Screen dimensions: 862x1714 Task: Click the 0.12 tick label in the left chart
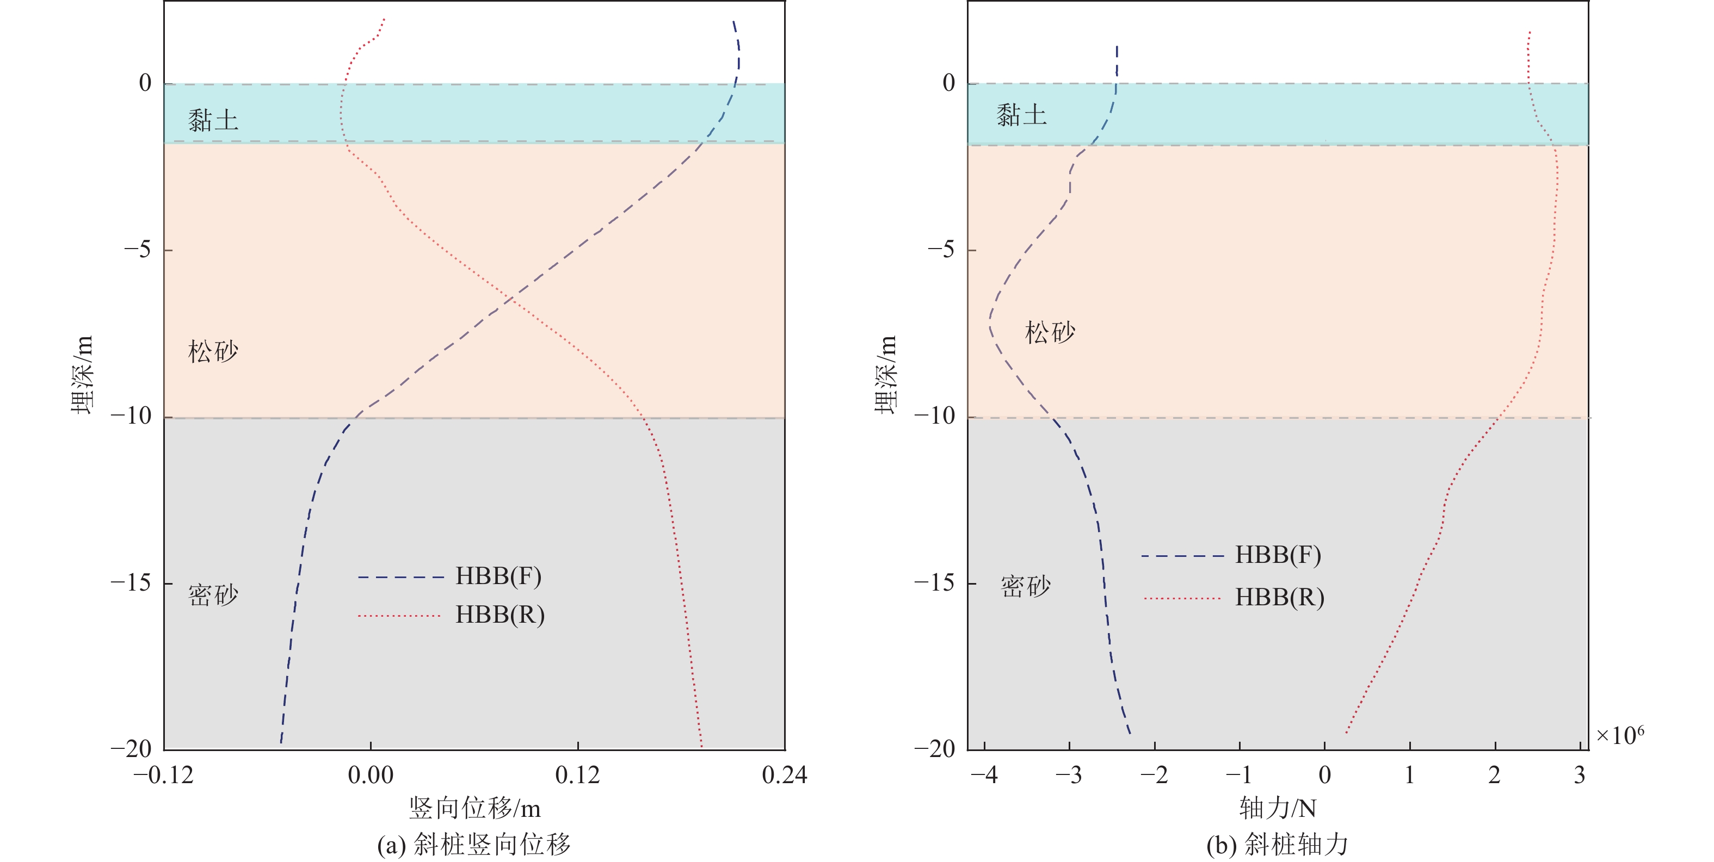pyautogui.click(x=577, y=776)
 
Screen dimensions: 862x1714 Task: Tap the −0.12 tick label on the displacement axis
pyautogui.click(x=163, y=776)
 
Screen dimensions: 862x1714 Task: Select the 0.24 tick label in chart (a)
pyautogui.click(x=785, y=776)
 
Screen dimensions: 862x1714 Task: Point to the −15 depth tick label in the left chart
pyautogui.click(x=131, y=582)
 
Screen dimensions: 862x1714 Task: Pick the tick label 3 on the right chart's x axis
pyautogui.click(x=1580, y=776)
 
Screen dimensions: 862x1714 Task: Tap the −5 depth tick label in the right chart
pyautogui.click(x=941, y=250)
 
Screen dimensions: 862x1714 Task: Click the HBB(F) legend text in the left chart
pyautogui.click(x=498, y=576)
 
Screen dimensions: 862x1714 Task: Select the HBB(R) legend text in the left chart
pyautogui.click(x=500, y=615)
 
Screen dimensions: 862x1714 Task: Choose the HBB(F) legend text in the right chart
pyautogui.click(x=1278, y=555)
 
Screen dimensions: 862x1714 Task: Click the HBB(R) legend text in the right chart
pyautogui.click(x=1279, y=597)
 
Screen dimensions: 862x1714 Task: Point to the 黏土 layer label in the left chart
pyautogui.click(x=213, y=120)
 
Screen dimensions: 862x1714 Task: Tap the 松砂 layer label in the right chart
pyautogui.click(x=1050, y=332)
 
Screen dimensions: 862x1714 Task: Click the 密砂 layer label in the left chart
pyautogui.click(x=213, y=594)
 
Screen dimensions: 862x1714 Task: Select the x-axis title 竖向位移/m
pyautogui.click(x=474, y=809)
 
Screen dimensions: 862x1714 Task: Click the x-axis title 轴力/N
pyautogui.click(x=1278, y=809)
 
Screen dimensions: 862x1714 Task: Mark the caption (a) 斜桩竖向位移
pyautogui.click(x=474, y=845)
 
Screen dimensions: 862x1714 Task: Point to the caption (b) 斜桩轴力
pyautogui.click(x=1278, y=845)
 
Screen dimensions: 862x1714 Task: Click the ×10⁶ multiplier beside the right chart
pyautogui.click(x=1619, y=735)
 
